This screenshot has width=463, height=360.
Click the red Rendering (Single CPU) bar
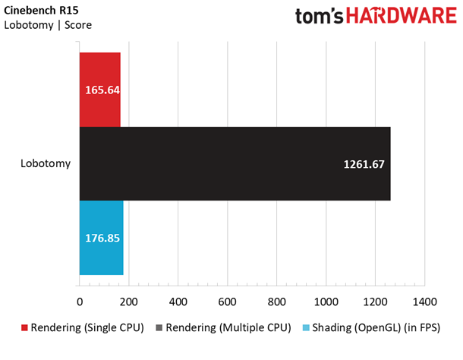pos(100,90)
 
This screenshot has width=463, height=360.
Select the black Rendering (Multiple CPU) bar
pos(235,164)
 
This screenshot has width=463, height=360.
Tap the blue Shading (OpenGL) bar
pos(102,238)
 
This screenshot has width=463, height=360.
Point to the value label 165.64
pos(102,90)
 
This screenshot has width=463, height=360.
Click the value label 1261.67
pos(364,164)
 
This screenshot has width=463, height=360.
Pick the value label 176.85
pos(102,238)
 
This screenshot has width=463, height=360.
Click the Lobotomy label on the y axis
pos(46,163)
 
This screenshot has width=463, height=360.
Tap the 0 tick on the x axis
pos(80,302)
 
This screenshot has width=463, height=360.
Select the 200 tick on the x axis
pos(129,302)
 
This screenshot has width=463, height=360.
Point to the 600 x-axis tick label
pos(228,302)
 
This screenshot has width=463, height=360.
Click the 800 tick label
pos(277,302)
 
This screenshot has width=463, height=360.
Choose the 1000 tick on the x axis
pos(326,302)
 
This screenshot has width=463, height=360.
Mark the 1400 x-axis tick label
pos(424,302)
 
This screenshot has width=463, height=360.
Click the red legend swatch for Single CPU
pos(24,328)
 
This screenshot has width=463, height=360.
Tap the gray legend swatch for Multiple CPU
pos(159,328)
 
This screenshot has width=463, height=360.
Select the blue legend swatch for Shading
pos(306,328)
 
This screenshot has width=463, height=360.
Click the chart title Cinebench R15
pos(41,11)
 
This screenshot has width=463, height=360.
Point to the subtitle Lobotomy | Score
pos(48,25)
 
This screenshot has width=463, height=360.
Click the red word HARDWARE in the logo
pos(402,15)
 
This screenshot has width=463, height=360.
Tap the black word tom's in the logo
pos(320,16)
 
